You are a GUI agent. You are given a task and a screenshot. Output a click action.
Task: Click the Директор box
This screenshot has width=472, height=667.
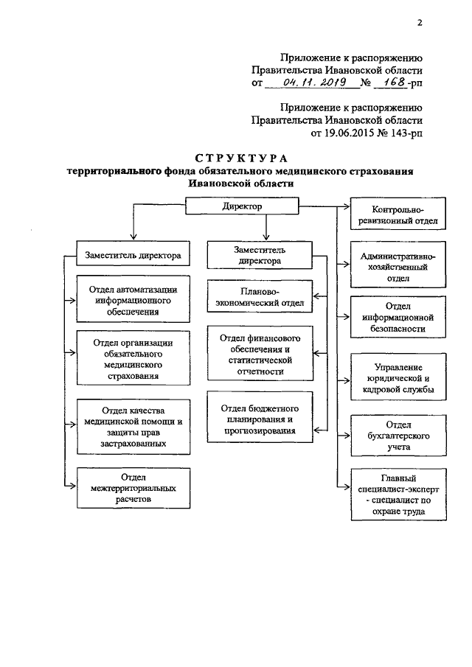(242, 207)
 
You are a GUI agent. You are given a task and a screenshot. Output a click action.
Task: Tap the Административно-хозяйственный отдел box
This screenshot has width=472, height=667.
(398, 266)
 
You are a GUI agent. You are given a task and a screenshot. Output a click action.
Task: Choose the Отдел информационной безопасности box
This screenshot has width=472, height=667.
(398, 318)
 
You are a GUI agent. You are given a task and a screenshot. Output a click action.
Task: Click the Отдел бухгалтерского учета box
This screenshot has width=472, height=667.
(398, 436)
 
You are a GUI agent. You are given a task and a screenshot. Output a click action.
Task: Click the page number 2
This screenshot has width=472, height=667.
(420, 23)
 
